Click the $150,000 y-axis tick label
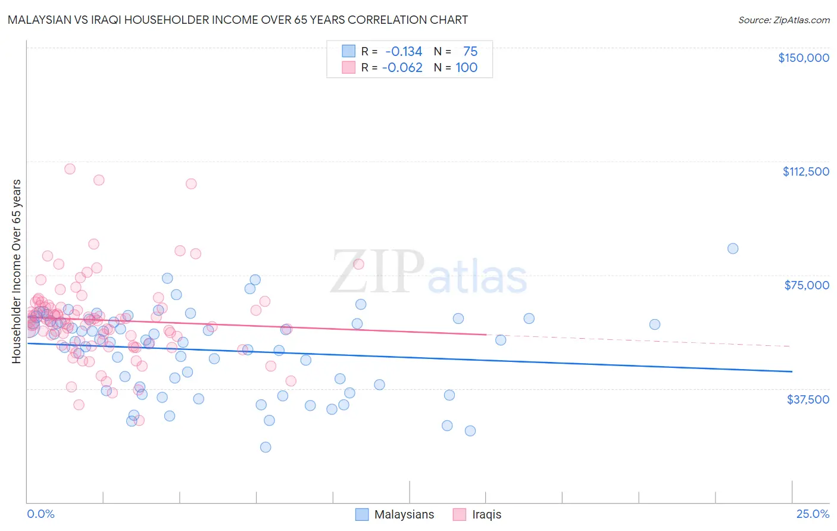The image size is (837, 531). (803, 58)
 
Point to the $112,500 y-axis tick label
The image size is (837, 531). (805, 171)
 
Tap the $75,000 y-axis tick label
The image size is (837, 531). (807, 285)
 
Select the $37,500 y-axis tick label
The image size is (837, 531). (808, 399)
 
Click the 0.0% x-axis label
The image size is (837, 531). (40, 514)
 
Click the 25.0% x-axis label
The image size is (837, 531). (813, 514)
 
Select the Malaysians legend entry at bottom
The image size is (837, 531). (395, 514)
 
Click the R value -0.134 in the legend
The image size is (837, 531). (403, 52)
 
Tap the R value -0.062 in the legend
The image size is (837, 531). (403, 68)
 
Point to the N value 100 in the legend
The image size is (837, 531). (466, 68)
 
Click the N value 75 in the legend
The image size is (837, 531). (470, 52)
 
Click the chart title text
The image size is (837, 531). (238, 20)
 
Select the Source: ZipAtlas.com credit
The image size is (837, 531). (783, 20)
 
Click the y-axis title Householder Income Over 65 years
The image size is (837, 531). (17, 271)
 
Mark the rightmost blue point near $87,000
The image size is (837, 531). (733, 249)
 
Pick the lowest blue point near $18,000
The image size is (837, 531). (266, 447)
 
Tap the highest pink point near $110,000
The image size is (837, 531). (70, 168)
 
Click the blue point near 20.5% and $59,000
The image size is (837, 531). (654, 324)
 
